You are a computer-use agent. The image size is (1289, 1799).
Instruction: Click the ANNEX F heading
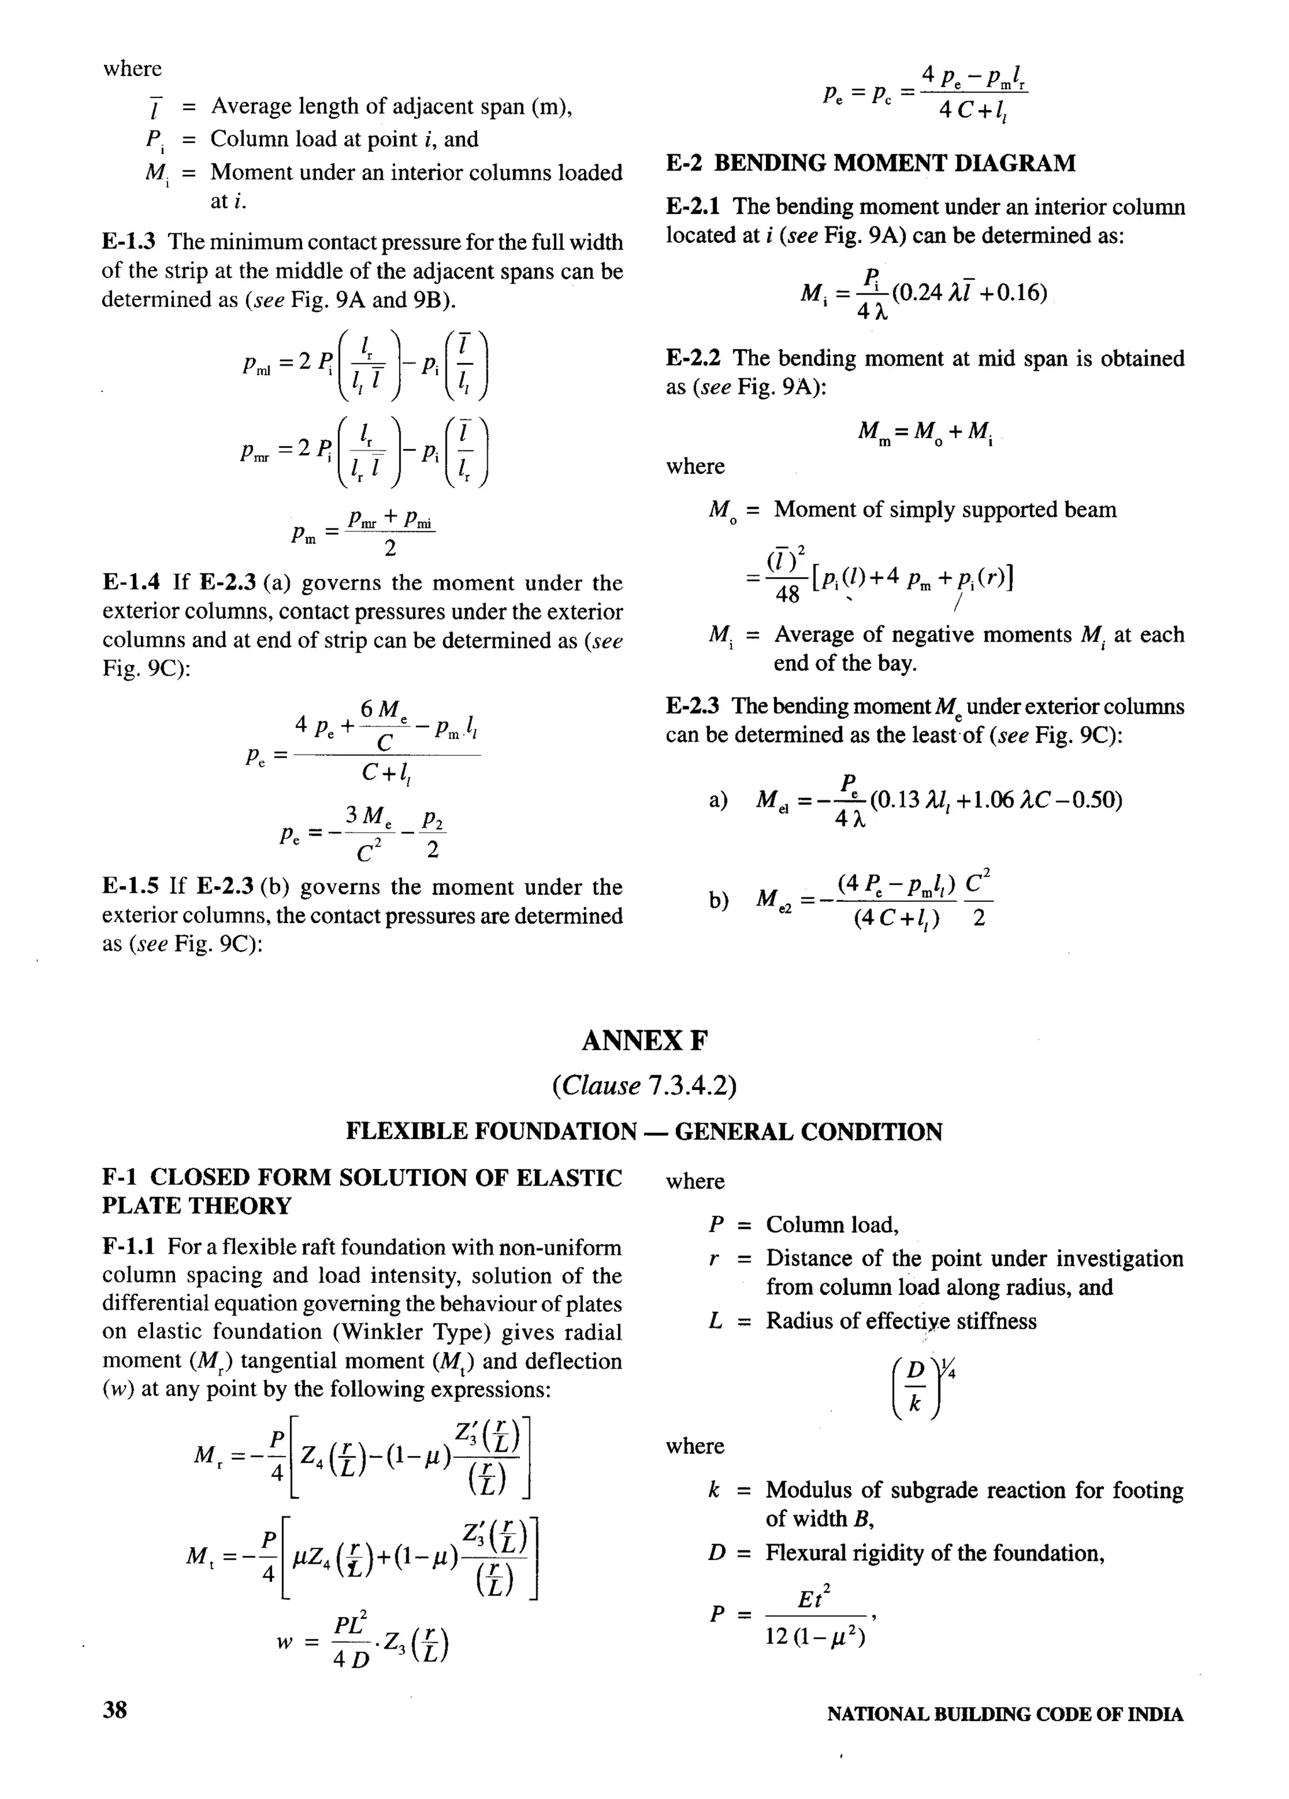[x=643, y=1041]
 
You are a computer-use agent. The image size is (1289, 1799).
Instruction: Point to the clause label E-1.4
[x=131, y=583]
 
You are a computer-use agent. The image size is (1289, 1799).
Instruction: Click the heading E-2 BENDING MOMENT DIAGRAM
[x=870, y=164]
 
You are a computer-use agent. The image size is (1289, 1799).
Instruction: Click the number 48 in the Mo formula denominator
[x=787, y=595]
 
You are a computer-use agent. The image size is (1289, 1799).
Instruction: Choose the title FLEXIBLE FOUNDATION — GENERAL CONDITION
[x=643, y=1131]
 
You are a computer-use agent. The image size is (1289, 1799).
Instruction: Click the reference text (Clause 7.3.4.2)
[x=643, y=1085]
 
